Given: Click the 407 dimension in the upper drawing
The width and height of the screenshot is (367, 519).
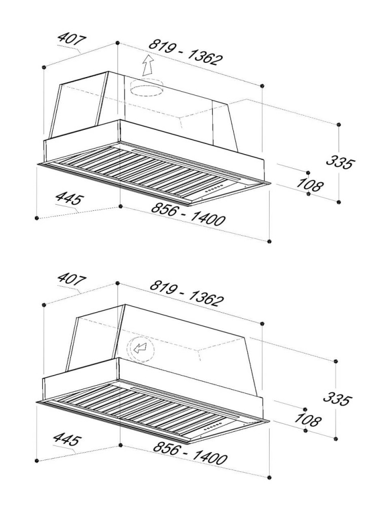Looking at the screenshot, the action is click(72, 39).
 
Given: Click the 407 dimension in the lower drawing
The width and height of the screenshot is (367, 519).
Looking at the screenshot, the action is click(72, 279).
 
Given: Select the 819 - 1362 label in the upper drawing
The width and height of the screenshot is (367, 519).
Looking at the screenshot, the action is click(186, 53).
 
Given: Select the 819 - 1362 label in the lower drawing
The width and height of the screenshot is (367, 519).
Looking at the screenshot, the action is click(187, 293).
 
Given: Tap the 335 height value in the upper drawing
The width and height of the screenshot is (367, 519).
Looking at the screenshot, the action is click(341, 162).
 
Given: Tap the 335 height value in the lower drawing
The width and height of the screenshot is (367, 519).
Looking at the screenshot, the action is click(337, 399).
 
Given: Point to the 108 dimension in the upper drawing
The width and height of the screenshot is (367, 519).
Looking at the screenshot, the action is click(309, 184).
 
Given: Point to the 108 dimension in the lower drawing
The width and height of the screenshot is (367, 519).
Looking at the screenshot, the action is click(307, 420).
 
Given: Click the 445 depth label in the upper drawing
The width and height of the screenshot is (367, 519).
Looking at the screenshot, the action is click(70, 199).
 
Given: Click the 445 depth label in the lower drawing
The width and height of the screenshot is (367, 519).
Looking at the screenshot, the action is click(67, 439).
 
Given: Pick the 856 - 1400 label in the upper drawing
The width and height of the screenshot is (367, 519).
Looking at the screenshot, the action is click(188, 214).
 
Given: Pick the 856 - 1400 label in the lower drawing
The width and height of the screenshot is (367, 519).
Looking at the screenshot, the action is click(190, 453).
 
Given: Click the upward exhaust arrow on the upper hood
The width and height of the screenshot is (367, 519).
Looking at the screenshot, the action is click(148, 65).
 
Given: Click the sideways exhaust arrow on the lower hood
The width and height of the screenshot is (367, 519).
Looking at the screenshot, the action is click(140, 348).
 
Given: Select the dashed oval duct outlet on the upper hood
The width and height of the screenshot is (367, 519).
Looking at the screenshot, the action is click(146, 87).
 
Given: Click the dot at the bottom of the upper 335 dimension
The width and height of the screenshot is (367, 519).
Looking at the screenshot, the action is click(338, 202).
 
